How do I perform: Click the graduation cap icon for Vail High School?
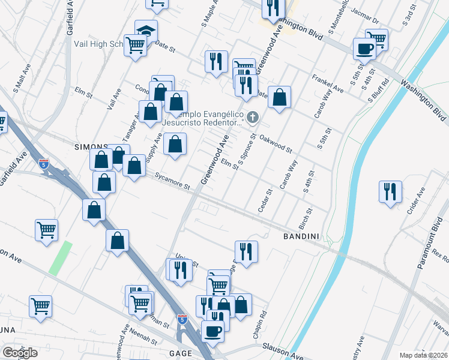(146, 29)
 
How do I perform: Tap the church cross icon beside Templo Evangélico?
(253, 116)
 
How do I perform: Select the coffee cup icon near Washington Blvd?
(364, 49)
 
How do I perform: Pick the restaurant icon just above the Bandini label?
(246, 251)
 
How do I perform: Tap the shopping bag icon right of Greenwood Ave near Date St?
(279, 97)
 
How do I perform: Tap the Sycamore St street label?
(172, 181)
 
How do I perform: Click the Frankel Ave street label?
(327, 84)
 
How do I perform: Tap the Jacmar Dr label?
(367, 20)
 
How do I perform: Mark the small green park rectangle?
(60, 259)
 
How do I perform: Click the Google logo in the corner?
(20, 352)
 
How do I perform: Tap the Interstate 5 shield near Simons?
(43, 163)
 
